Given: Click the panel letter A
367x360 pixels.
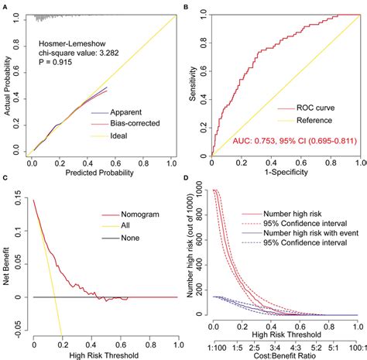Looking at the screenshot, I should point(5,5).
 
